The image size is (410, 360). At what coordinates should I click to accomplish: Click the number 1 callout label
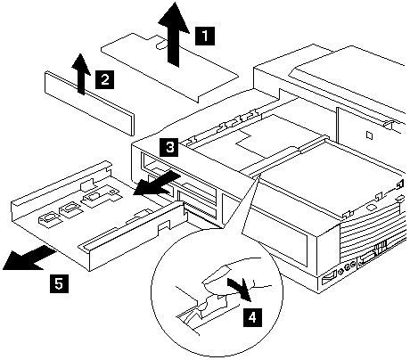[x=205, y=36]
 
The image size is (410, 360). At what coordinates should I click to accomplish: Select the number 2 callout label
[x=104, y=79]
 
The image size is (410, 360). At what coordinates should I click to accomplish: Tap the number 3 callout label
[x=169, y=147]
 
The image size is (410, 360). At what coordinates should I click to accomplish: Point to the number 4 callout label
[x=252, y=317]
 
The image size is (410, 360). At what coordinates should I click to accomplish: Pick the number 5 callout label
[x=59, y=283]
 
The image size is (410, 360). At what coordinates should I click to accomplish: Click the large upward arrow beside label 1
[x=174, y=34]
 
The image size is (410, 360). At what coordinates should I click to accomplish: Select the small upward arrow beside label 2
[x=80, y=74]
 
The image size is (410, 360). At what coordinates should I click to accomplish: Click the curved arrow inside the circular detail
[x=241, y=289]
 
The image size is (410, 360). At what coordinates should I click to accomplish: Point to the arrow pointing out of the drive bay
[x=156, y=184]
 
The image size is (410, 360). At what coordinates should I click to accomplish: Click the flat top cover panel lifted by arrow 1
[x=169, y=68]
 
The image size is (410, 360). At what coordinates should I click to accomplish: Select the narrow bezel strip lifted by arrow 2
[x=89, y=102]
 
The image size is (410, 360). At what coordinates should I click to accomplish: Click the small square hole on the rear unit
[x=369, y=135]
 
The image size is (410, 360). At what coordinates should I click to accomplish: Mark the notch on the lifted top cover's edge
[x=161, y=44]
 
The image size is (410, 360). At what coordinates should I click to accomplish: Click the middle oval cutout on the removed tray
[x=70, y=209]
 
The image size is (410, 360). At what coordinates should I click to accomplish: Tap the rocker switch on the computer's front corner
[x=329, y=281]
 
